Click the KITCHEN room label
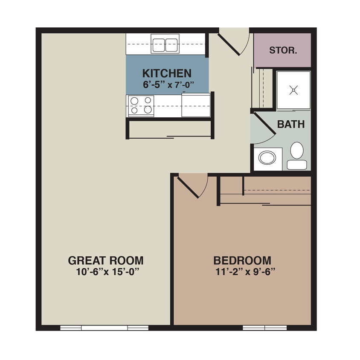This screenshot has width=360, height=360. [167, 73]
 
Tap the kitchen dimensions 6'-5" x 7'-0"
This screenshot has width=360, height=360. [167, 84]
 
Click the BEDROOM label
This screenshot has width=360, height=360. [242, 260]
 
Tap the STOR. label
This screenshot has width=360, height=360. [283, 50]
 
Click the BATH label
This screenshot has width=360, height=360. [291, 125]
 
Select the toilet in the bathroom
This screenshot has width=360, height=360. [296, 155]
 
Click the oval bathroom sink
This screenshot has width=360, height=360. [267, 158]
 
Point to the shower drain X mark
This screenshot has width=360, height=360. [293, 90]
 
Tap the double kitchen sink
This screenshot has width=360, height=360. [165, 44]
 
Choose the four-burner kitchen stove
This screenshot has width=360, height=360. [141, 105]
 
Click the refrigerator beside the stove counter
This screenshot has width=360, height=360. [196, 105]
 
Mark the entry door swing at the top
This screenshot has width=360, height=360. [234, 42]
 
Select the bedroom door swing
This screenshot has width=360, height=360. [193, 185]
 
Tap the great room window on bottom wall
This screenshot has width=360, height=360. [104, 328]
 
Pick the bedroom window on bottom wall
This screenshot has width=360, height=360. [264, 328]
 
